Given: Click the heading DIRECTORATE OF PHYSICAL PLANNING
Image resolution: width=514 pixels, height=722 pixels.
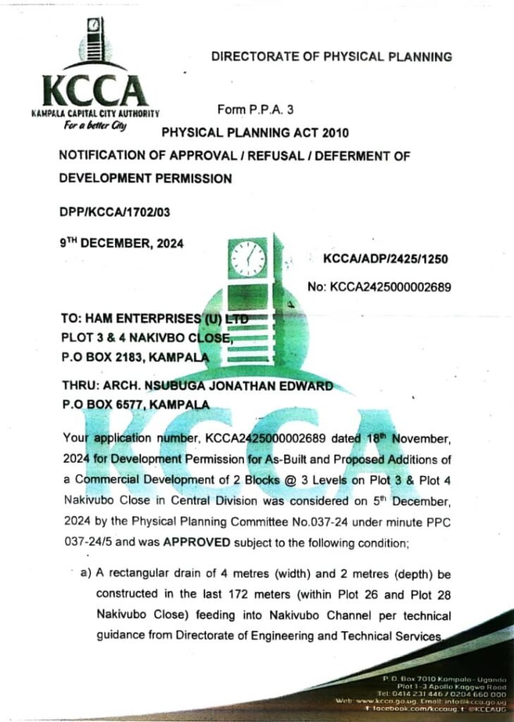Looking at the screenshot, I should pyautogui.click(x=331, y=56).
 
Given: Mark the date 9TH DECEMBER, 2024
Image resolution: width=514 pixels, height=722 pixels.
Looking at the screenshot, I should pyautogui.click(x=121, y=243).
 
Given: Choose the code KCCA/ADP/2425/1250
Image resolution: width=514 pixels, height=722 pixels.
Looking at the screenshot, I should pyautogui.click(x=385, y=259).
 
